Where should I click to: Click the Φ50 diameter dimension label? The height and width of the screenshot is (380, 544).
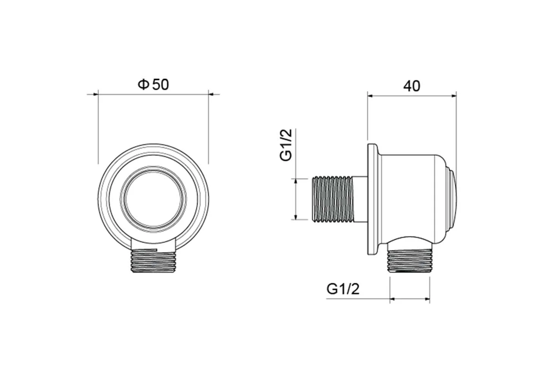click(x=153, y=84)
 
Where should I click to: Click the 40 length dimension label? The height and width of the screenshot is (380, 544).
click(x=412, y=86)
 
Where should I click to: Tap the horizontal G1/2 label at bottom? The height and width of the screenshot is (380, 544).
click(x=343, y=289)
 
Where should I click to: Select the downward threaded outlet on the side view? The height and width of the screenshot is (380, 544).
click(x=410, y=261)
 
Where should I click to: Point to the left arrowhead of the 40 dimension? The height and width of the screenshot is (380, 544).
click(x=371, y=96)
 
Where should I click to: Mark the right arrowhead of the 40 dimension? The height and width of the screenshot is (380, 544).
click(x=453, y=96)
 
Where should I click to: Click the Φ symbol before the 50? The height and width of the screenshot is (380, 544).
click(x=143, y=84)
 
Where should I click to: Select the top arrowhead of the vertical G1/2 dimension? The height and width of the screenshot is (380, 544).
click(x=297, y=182)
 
